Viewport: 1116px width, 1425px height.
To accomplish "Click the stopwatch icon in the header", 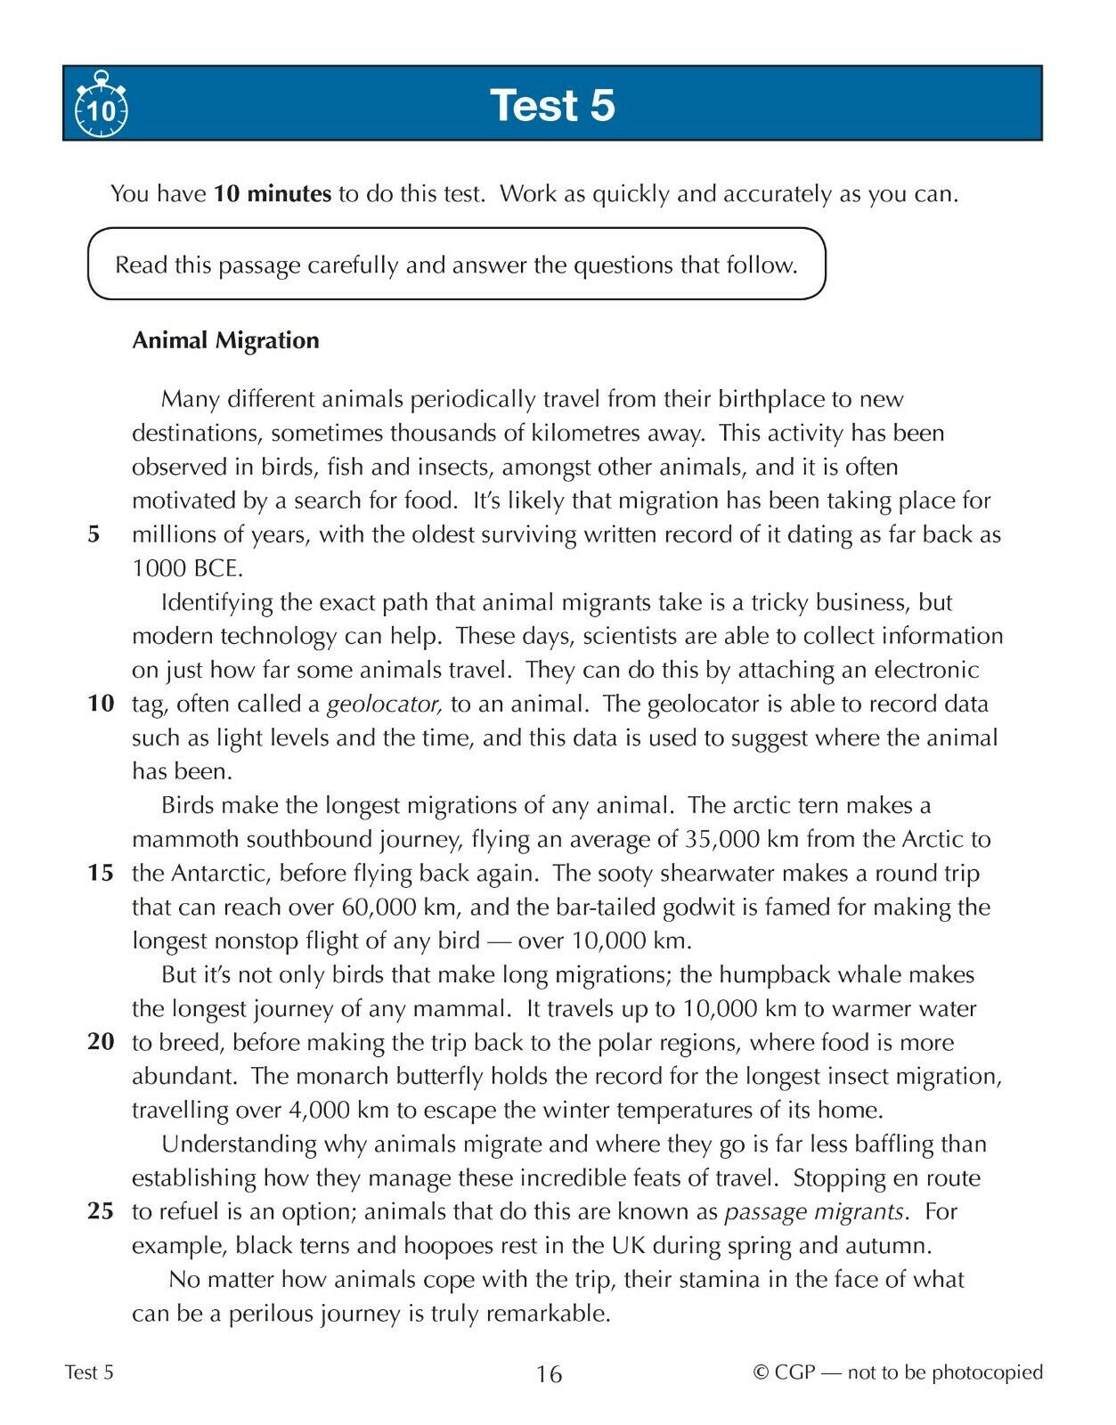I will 101,106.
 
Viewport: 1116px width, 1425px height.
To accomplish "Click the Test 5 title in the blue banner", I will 552,105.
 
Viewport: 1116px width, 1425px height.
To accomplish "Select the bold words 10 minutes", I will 273,193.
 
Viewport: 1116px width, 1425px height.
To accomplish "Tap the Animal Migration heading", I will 225,340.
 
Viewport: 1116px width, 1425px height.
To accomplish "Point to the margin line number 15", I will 101,873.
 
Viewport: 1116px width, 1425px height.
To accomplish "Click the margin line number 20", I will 101,1042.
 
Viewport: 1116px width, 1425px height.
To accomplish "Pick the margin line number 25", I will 101,1211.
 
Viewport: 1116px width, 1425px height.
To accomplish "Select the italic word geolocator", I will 385,704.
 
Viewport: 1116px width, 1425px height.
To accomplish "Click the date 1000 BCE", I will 187,568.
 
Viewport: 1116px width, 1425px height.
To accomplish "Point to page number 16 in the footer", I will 550,1374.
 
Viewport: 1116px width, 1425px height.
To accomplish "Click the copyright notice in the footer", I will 898,1372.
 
